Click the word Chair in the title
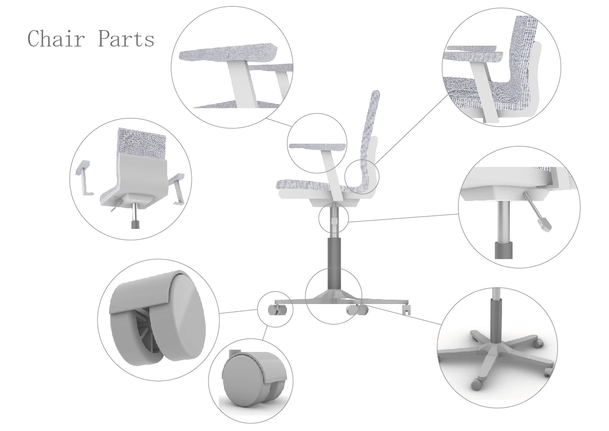tap(56, 39)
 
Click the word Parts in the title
tap(126, 39)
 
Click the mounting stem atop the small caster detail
tap(233, 353)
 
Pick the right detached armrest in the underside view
tap(178, 188)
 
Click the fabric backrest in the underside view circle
tap(142, 143)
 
